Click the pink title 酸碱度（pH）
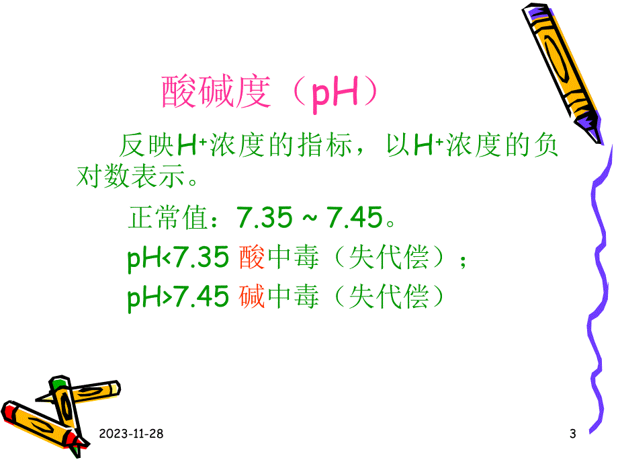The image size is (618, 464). pos(269,93)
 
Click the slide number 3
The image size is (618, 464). pos(572,434)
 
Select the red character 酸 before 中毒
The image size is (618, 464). pos(252,257)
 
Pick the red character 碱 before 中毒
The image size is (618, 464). pos(252,297)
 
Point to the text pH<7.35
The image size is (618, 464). pos(178,258)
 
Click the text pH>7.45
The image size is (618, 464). pos(178,297)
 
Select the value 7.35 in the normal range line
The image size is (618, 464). pos(265,218)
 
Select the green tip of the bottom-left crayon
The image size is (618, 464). pos(60,384)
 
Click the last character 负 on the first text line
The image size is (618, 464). pos(545,145)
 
